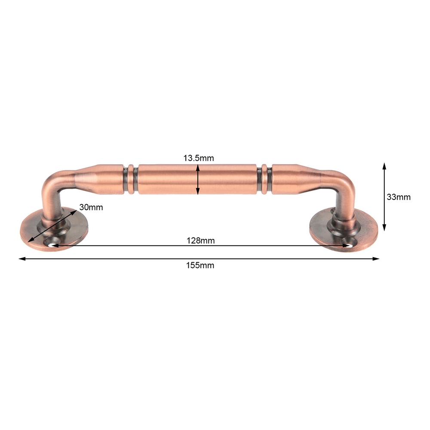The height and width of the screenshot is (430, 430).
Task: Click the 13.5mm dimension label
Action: coord(199,158)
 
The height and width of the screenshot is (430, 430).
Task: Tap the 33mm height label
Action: coord(399,197)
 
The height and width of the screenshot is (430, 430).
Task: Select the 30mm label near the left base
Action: coord(91,207)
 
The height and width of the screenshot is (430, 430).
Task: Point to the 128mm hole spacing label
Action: coord(200,240)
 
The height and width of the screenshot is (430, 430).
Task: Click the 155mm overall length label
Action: coord(200,265)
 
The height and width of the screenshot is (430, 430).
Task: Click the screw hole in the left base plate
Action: coord(51,243)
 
